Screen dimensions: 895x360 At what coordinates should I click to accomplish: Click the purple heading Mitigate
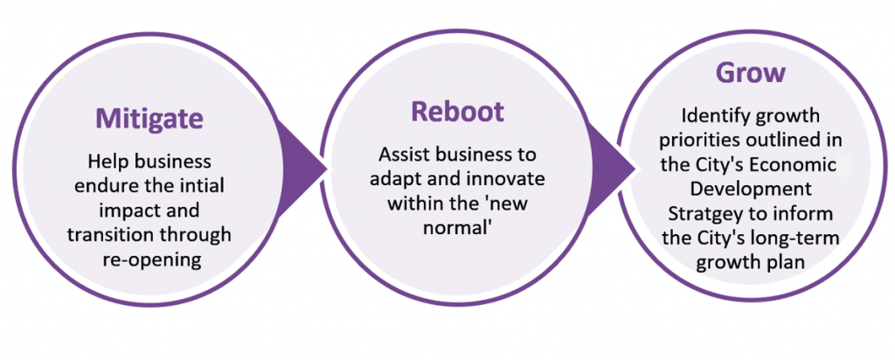149,119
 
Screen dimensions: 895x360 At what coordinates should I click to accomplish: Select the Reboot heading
458,111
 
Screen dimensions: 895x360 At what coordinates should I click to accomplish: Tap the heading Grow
751,73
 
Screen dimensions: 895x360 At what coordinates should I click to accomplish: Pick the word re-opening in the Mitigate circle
152,260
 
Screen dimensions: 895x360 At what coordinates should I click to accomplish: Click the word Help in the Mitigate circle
108,162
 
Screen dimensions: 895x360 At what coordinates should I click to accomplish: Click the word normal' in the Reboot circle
457,227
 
